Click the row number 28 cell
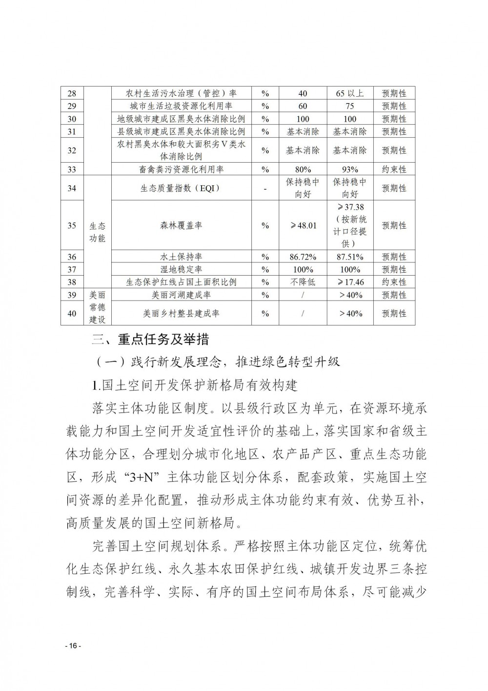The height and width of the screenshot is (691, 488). click(72, 93)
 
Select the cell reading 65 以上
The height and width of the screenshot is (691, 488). click(350, 93)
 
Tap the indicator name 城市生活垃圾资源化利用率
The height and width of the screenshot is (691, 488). click(181, 106)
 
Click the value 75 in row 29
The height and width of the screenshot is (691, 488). click(350, 106)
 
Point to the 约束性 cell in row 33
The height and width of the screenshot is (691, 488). click(394, 170)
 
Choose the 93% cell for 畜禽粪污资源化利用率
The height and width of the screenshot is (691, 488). click(350, 170)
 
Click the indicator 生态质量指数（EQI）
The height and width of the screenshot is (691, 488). click(181, 188)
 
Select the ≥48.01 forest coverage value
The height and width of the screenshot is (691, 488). click(303, 225)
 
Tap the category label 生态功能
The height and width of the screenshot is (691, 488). click(97, 232)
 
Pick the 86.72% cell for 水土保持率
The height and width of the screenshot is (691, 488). click(303, 257)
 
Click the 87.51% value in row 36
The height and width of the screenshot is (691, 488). click(350, 257)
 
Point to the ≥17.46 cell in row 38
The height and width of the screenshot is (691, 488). click(350, 282)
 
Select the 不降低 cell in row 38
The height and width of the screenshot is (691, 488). click(303, 282)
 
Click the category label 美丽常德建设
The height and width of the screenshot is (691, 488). click(97, 307)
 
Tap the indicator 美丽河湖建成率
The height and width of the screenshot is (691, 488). click(181, 295)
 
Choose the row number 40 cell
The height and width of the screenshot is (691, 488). click(72, 313)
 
